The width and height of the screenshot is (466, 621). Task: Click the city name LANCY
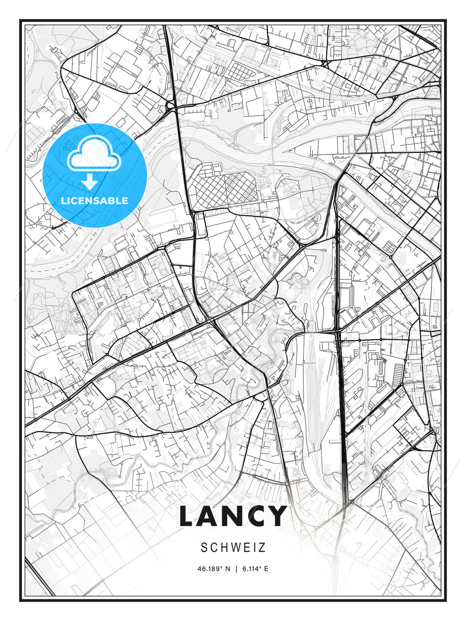[x=233, y=516]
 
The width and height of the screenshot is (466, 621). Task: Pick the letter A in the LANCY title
[x=209, y=516]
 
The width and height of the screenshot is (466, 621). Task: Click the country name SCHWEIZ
[x=233, y=548]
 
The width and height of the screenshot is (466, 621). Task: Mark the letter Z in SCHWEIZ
[x=262, y=548]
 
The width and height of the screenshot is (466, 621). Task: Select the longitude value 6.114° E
[x=255, y=569]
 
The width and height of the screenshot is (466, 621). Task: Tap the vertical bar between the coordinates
[x=236, y=569]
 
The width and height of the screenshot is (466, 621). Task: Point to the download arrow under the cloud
[x=90, y=182]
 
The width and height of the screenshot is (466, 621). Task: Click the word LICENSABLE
[x=94, y=201]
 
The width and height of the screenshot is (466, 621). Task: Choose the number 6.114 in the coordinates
[x=252, y=569]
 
